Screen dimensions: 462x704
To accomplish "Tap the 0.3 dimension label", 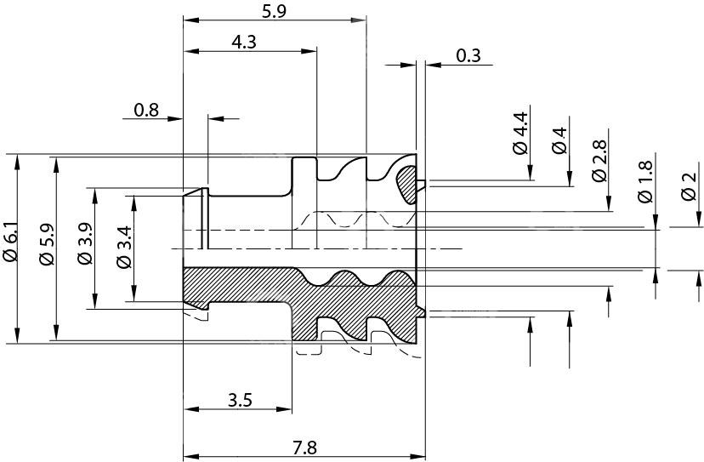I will [x=468, y=56].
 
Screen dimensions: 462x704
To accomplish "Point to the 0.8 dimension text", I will [x=146, y=109].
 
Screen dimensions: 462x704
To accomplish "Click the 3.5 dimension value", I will [x=240, y=399].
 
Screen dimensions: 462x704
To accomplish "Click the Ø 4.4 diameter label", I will [x=520, y=133].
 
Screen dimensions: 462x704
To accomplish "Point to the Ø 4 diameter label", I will [x=559, y=140].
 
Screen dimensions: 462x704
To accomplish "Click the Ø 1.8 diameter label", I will [x=645, y=180].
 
